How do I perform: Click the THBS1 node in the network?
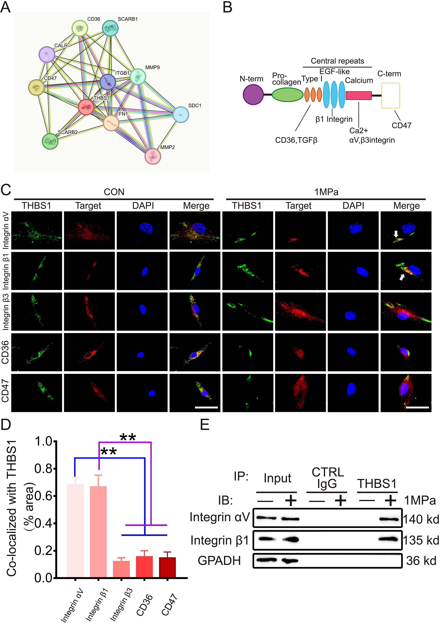pyautogui.click(x=86, y=107)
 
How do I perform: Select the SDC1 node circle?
pyautogui.click(x=181, y=114)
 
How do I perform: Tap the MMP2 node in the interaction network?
pyautogui.click(x=153, y=156)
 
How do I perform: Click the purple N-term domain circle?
pyautogui.click(x=253, y=94)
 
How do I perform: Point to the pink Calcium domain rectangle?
pyautogui.click(x=358, y=96)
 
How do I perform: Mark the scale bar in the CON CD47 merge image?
pyautogui.click(x=206, y=407)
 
